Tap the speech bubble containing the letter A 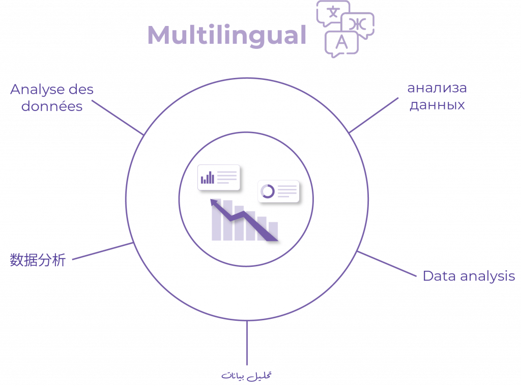(x=341, y=44)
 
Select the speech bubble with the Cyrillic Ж (x=358, y=25)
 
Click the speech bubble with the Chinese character (x=333, y=13)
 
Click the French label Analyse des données (x=52, y=98)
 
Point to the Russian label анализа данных (x=437, y=96)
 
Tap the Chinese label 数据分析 (x=38, y=260)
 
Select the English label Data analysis (x=469, y=276)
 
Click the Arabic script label (x=247, y=376)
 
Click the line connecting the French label (x=118, y=118)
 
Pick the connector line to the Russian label (x=373, y=116)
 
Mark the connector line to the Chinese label (x=103, y=251)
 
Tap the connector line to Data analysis (x=387, y=264)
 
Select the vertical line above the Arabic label (x=247, y=343)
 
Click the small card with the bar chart (x=219, y=178)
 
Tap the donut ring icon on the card (x=268, y=191)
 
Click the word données (x=52, y=106)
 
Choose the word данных (x=437, y=105)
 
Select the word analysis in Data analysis (x=487, y=277)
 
